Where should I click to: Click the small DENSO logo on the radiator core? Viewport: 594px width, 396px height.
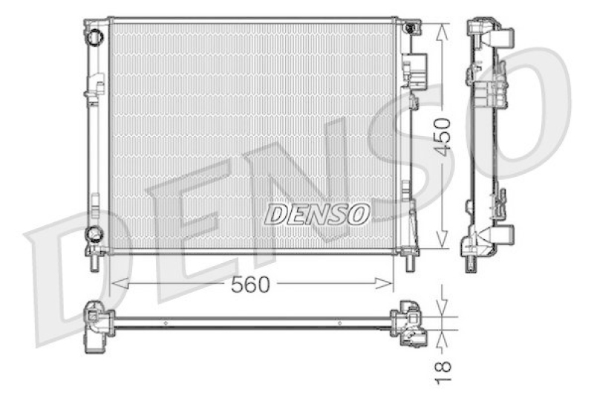(x=317, y=213)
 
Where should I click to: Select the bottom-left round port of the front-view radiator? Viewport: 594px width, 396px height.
(x=94, y=235)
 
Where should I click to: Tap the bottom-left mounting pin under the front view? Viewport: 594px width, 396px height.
(x=94, y=262)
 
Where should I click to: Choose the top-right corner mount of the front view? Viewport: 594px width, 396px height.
(x=409, y=27)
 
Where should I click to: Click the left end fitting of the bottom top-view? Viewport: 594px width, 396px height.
(x=97, y=323)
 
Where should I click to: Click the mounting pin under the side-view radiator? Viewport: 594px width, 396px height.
(x=470, y=262)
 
